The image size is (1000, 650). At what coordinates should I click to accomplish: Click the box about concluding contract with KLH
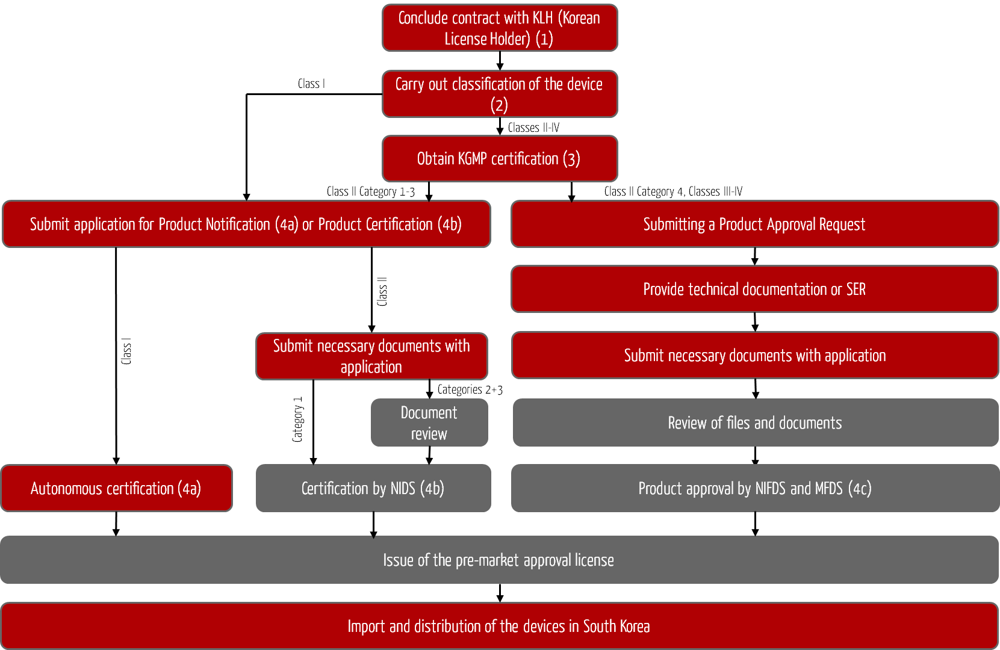click(500, 28)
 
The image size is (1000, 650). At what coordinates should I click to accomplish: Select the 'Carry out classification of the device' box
click(500, 94)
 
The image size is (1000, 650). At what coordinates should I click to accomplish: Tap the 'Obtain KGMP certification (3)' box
click(500, 159)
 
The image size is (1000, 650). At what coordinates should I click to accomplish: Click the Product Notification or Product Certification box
click(246, 224)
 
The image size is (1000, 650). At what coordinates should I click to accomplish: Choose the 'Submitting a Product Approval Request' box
click(754, 224)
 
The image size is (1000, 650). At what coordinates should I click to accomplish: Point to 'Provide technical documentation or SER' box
click(754, 289)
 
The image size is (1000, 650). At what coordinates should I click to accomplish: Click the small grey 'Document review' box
click(429, 422)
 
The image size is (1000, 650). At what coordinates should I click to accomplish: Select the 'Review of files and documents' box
click(755, 422)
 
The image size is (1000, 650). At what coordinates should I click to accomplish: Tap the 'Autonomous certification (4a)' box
click(116, 488)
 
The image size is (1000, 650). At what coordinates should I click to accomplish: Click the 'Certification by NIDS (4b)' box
click(373, 488)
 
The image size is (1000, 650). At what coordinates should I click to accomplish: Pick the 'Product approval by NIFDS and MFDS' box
click(755, 488)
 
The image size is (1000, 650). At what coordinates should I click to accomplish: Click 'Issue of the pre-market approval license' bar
click(498, 560)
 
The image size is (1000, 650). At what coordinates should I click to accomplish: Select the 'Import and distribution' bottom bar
click(498, 626)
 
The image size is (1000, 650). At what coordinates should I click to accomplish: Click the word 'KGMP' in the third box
click(472, 159)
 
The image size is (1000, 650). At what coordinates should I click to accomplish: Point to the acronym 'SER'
click(856, 289)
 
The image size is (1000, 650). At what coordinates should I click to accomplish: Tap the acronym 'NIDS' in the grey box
click(403, 488)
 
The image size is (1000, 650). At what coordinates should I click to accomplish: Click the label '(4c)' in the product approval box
click(860, 488)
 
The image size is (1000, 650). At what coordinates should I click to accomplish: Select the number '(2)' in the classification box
click(499, 105)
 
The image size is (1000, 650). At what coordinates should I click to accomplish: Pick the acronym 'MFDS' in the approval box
click(828, 488)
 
